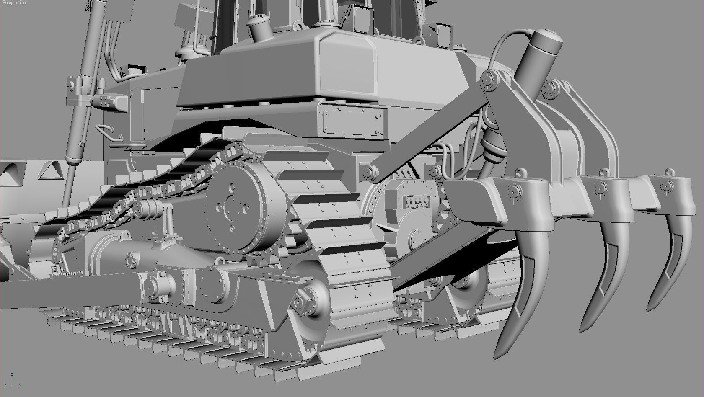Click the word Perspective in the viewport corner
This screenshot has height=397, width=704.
coord(14,3)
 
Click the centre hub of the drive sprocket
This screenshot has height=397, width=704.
coord(230,206)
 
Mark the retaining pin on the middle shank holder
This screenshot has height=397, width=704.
coord(601,188)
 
